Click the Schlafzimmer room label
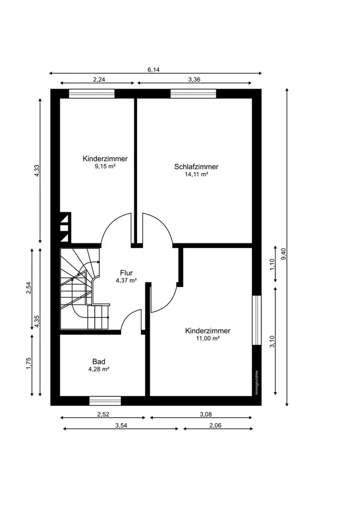pos(196,167)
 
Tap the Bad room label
pos(98,362)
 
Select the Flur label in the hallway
pos(126,273)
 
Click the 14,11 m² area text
pos(196,174)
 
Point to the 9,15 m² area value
pos(105,166)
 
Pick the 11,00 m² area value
pos(208,338)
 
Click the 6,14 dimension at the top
pos(153,69)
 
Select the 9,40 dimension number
pos(283,253)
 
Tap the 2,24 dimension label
pos(99,80)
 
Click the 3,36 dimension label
pos(194,80)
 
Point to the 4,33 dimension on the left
pos(37,171)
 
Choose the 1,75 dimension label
pos(29,363)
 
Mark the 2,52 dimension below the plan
pos(103,414)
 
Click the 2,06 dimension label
pos(215,425)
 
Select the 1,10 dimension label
pos(272,264)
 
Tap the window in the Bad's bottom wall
pos(105,401)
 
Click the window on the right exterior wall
pos(257,320)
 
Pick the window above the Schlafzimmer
pos(193,93)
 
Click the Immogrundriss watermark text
pos(256,383)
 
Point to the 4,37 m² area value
pos(126,280)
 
